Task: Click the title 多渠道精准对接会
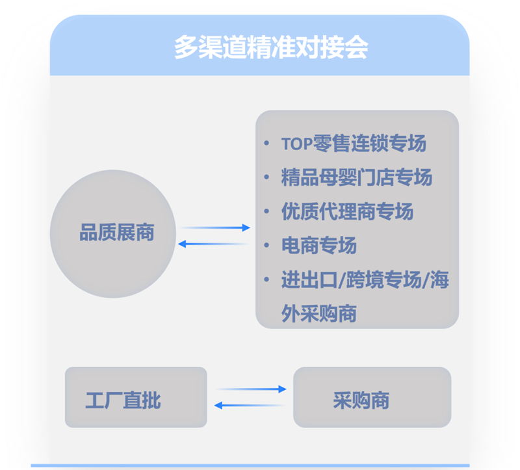tap(271, 47)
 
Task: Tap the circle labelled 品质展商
tap(113, 233)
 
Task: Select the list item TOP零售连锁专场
tap(354, 144)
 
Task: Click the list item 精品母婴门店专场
tap(356, 177)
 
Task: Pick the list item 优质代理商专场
tap(347, 211)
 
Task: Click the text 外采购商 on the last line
tap(319, 314)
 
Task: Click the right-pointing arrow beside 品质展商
tap(214, 228)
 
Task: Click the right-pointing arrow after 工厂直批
tap(250, 389)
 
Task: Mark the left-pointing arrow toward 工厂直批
tap(250, 406)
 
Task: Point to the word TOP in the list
tap(296, 144)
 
